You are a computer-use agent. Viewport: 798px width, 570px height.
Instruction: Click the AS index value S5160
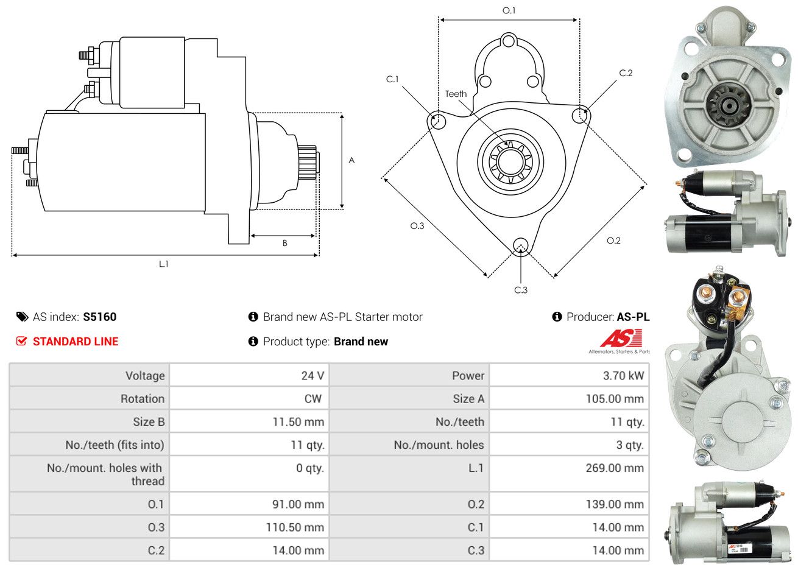click(99, 317)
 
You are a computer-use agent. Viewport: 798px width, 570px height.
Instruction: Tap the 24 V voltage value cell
click(312, 375)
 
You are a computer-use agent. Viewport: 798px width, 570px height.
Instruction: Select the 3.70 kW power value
click(623, 375)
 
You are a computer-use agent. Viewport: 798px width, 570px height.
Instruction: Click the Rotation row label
click(143, 398)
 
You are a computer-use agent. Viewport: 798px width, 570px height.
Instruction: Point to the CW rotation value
click(313, 398)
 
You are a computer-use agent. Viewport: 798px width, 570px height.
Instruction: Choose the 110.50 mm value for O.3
click(294, 527)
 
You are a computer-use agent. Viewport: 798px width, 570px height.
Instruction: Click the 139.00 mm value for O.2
click(617, 504)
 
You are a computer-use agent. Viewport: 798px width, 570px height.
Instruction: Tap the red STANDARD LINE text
click(76, 342)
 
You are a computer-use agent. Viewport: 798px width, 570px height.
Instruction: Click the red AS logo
click(621, 339)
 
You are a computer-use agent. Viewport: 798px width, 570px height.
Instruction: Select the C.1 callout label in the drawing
click(392, 79)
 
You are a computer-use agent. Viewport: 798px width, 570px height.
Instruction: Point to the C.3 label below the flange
click(521, 290)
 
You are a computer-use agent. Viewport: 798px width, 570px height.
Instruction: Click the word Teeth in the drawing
click(456, 94)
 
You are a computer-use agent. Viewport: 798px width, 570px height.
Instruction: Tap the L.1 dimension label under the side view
click(163, 264)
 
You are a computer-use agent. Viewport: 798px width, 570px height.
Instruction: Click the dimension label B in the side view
click(284, 243)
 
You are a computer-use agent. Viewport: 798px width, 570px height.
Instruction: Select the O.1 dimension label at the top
click(509, 10)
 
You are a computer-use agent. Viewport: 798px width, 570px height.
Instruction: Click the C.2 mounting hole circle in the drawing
click(581, 114)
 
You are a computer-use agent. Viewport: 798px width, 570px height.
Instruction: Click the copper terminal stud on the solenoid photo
click(738, 298)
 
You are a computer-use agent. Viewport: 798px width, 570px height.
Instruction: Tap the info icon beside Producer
click(557, 317)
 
